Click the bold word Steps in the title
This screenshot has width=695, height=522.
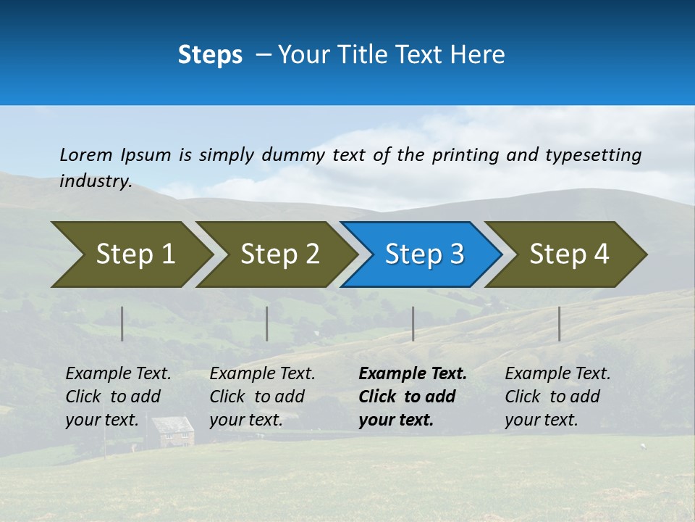[x=210, y=55]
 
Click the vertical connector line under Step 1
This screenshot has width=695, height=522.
[x=122, y=323]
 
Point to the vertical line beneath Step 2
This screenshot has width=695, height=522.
[x=267, y=323]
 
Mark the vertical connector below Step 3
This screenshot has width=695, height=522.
[x=413, y=323]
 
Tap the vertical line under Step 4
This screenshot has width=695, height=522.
[x=560, y=323]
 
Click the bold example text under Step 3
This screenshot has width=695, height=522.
[x=413, y=397]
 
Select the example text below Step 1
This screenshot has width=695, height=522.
[x=118, y=397]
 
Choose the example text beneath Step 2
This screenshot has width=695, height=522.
[x=262, y=397]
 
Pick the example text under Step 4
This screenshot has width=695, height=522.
[x=557, y=397]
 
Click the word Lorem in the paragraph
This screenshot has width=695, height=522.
[x=86, y=154]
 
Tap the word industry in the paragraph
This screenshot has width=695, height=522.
[x=96, y=181]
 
